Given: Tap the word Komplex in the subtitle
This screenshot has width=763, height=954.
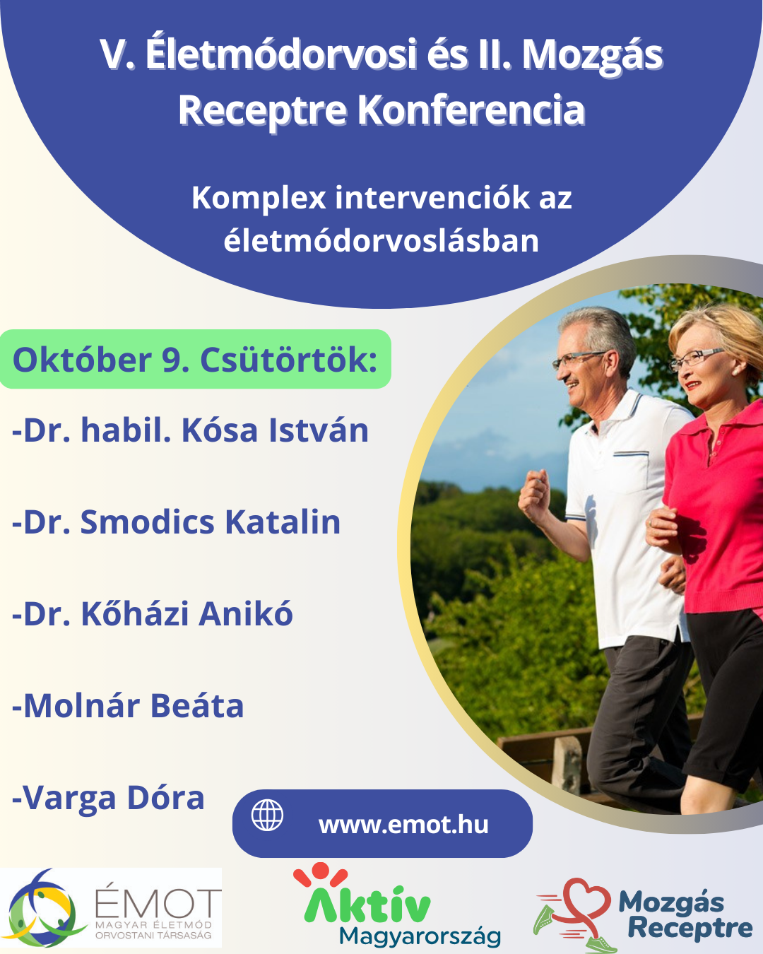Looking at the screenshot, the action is click(x=259, y=198).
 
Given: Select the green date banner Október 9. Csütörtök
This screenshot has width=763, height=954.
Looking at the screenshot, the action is click(x=195, y=359).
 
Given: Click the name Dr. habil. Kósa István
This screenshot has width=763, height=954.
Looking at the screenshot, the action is click(x=190, y=430).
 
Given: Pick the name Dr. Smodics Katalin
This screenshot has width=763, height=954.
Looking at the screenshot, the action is click(x=176, y=522).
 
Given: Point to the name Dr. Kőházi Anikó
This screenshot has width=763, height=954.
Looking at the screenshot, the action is click(x=153, y=614).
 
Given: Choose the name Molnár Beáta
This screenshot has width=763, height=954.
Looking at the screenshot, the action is click(x=128, y=706).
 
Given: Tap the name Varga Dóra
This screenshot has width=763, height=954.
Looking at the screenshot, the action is click(x=108, y=798).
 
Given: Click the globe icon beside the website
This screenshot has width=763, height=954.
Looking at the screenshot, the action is click(x=267, y=815).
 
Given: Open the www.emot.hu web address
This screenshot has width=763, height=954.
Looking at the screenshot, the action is click(x=403, y=825).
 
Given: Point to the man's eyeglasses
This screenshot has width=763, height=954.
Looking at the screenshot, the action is click(x=579, y=359).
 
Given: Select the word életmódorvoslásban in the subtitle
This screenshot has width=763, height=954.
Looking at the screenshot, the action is click(x=381, y=241).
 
